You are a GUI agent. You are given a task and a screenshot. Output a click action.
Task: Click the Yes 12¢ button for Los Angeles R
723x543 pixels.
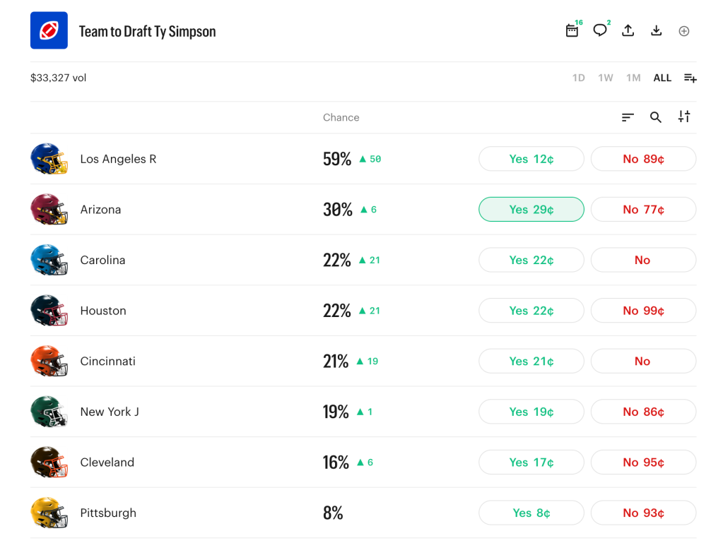coord(531,159)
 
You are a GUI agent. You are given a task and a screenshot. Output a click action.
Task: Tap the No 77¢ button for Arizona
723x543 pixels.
coord(643,210)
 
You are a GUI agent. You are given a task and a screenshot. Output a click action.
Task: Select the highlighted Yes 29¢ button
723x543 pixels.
coord(531,210)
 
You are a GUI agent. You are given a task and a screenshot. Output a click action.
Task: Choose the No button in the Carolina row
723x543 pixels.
coord(643,260)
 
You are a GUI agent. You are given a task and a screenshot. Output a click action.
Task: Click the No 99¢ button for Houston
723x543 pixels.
coord(643,311)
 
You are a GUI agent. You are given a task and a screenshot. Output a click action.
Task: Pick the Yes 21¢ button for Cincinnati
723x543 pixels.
coord(531,362)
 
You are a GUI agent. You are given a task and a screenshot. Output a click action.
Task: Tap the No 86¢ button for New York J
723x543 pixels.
coord(643,412)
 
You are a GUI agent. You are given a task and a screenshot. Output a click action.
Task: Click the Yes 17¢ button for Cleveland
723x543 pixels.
coord(531,463)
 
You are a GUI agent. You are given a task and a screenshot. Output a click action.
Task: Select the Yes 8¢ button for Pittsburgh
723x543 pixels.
coord(531,513)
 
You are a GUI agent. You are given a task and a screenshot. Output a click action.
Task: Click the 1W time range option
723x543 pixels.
coord(606,78)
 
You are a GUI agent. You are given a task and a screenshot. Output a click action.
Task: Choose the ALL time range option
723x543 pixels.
coord(662,78)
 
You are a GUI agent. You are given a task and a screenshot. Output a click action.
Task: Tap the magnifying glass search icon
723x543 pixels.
coord(656,117)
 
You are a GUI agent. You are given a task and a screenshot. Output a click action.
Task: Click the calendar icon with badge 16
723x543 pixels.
coord(572,30)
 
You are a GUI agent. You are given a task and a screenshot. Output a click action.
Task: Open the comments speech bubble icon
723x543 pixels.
coord(600,30)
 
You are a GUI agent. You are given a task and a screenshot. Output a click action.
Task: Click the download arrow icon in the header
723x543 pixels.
coord(656,30)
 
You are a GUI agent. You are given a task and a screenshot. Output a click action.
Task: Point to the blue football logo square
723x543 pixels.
coord(49,30)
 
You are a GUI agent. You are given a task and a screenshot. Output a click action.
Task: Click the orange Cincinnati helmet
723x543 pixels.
coord(49,361)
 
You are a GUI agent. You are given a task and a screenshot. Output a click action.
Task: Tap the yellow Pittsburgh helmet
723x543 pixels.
coord(49,513)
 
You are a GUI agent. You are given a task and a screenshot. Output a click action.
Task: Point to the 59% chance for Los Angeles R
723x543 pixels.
coord(337,159)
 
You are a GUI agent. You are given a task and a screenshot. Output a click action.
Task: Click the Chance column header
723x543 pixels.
coord(341,117)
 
